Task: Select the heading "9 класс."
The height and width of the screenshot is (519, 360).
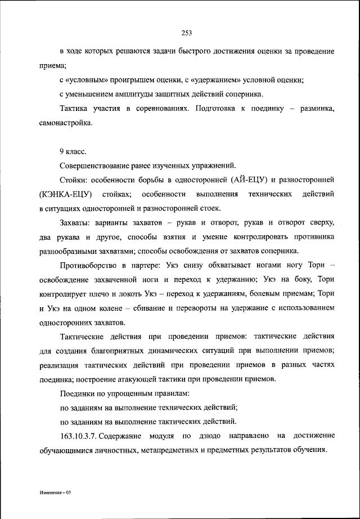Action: (73, 151)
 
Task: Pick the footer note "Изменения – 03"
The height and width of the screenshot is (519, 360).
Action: (55, 492)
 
